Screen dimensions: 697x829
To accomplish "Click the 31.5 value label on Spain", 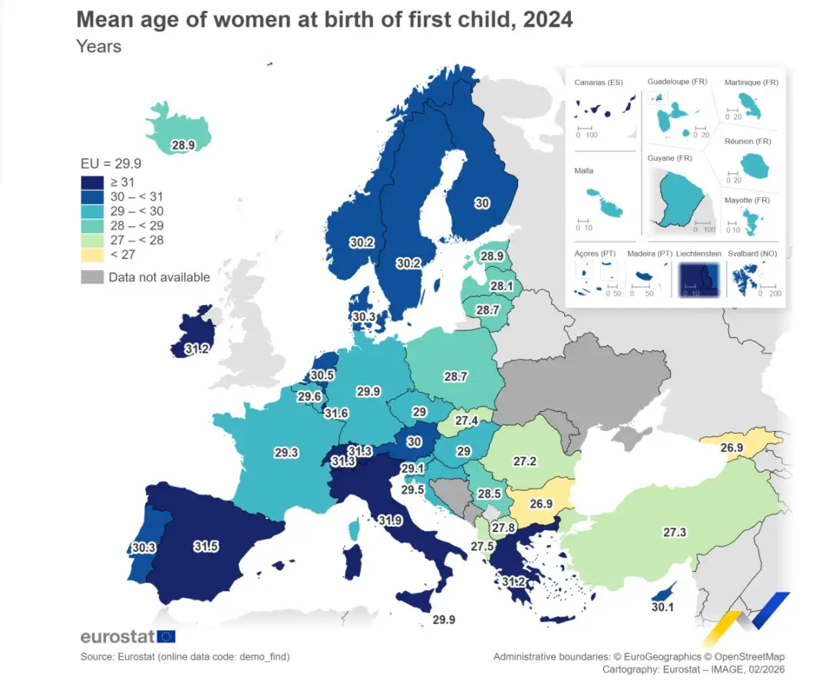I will tap(206, 547).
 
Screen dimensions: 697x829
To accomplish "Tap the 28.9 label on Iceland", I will tap(183, 144).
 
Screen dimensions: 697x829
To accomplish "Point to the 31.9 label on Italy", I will tap(390, 520).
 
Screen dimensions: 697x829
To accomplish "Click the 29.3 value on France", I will tap(286, 453).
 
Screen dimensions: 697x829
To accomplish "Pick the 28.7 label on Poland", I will tap(455, 376).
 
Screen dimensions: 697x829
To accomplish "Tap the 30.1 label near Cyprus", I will tap(662, 607).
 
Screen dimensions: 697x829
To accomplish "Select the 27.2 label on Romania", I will tap(525, 462).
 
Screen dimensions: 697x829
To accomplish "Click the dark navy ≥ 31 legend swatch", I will tap(92, 182).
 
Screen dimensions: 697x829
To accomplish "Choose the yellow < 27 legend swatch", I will tap(92, 255).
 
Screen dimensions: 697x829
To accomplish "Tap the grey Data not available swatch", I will tap(92, 277).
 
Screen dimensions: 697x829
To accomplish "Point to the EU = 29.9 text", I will tap(111, 163).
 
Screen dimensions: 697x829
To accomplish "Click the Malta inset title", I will tap(583, 171).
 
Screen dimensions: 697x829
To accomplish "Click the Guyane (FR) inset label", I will tap(669, 158).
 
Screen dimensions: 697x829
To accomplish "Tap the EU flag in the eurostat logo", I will tap(167, 636).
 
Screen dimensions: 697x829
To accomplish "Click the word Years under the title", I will tap(98, 46).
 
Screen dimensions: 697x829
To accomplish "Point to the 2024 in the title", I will tap(547, 19).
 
